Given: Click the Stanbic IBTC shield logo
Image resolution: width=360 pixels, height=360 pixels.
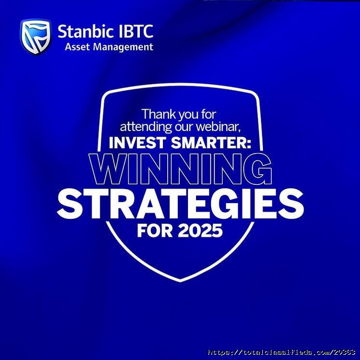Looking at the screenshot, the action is pos(36,37).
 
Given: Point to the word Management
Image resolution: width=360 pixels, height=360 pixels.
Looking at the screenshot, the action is pos(123,47).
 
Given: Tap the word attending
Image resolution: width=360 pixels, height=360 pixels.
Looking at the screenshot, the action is pos(146,127).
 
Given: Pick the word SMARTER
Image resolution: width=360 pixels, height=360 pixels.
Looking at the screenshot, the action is pos(209,142).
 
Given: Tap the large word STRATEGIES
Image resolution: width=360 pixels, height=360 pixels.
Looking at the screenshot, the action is pos(180,204).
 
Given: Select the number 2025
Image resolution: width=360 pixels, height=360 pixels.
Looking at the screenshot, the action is pos(200,231).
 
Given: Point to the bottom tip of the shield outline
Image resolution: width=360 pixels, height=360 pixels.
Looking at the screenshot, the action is pos(180,281).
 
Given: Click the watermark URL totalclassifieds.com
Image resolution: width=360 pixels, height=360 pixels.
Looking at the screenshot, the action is pos(281,352).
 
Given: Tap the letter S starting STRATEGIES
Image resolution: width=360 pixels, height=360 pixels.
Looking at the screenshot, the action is pos(70,204).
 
